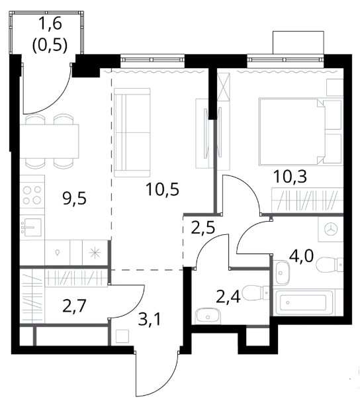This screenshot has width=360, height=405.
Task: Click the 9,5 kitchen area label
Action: point(74,199)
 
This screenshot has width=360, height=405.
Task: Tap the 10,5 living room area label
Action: point(162,189)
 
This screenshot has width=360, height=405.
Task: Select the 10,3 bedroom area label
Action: point(290,177)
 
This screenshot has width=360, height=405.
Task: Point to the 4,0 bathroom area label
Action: point(301,256)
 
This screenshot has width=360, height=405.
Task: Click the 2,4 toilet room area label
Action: point(228,297)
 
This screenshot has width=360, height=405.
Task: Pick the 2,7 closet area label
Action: point(74,306)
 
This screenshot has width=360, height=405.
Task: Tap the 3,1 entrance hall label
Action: point(150,320)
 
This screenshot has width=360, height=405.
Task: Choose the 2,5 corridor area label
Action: point(202,228)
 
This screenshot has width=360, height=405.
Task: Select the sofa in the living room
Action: point(132,132)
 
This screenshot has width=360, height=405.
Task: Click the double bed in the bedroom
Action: point(292,131)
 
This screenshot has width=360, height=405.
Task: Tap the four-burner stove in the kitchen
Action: point(32,195)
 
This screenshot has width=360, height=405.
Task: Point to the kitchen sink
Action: point(31,227)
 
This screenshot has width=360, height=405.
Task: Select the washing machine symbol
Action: point(331,230)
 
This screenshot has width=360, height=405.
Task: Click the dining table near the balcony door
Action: point(49,141)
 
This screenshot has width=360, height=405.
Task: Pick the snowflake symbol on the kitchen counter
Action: point(95,253)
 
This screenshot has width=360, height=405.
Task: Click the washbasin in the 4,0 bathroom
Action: point(283,272)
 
